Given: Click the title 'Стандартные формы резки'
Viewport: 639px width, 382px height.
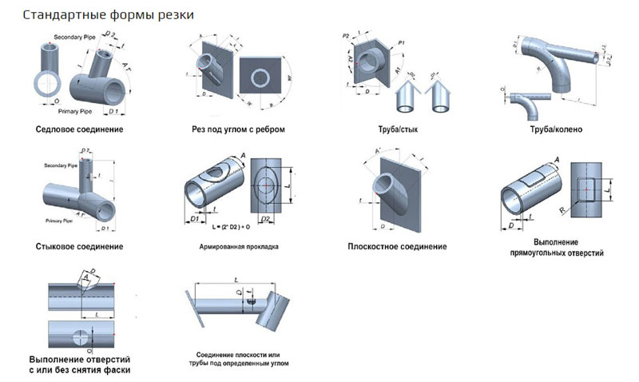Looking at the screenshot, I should click(109, 15).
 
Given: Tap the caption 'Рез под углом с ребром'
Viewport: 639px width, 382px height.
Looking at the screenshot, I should click(239, 129).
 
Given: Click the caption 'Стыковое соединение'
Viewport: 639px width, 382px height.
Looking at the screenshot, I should click(79, 246).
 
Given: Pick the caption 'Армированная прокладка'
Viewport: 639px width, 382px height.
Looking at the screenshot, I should click(239, 247).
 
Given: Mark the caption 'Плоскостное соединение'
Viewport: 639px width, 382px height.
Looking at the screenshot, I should click(397, 247).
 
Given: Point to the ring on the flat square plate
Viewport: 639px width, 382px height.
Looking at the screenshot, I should click(260, 78).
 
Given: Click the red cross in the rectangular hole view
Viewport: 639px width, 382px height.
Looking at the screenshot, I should click(587, 189).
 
